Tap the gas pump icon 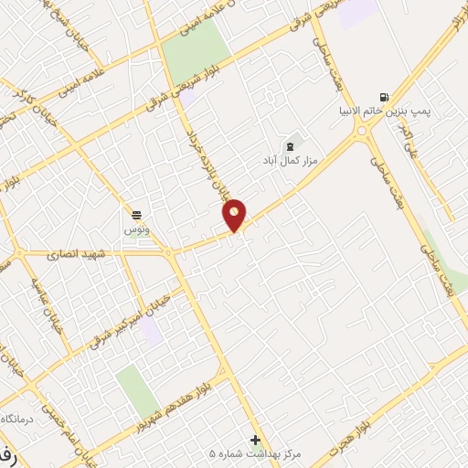[x=383, y=97]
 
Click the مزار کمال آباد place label [x=289, y=159]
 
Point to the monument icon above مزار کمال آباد [x=291, y=144]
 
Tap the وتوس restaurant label [x=136, y=229]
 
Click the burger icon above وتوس [x=136, y=215]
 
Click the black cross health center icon [x=255, y=440]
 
